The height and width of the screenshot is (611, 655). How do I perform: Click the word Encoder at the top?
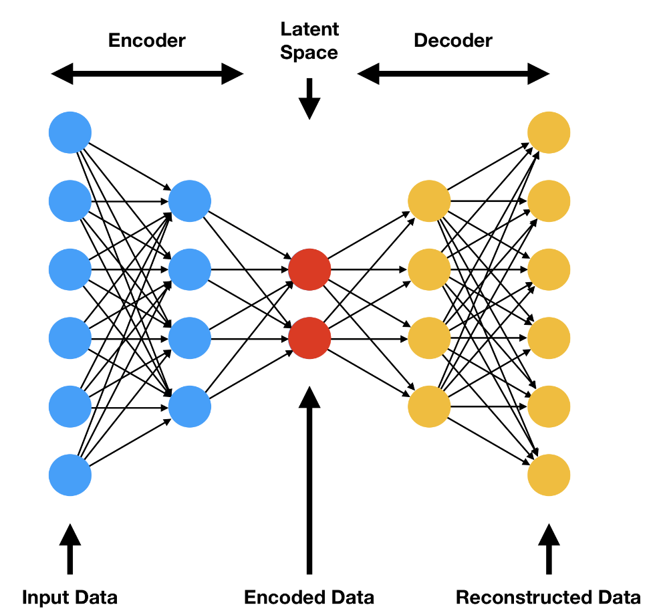146,40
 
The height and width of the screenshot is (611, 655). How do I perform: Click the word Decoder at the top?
453,40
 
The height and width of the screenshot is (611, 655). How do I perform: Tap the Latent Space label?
309,41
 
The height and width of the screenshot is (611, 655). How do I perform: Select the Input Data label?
70,597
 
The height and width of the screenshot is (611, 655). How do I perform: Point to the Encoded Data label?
309,597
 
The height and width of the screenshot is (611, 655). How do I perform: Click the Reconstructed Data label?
548,597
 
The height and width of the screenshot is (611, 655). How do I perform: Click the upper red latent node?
309,269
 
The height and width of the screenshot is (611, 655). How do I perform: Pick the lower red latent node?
309,338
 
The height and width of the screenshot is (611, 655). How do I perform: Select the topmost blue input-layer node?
70,132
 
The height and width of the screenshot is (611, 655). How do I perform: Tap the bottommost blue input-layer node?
70,475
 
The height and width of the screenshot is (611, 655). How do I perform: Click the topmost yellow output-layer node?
549,132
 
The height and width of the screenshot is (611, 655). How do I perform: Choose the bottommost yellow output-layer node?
549,475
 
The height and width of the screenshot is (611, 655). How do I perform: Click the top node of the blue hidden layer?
190,201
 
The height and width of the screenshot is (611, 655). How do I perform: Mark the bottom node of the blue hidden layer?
190,406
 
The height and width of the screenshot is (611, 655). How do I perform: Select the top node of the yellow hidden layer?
428,201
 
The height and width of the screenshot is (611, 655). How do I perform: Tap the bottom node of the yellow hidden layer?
428,406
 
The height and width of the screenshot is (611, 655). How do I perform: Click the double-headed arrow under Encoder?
148,74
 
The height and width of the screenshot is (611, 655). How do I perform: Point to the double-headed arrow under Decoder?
454,74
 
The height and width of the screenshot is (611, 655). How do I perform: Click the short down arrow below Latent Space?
309,99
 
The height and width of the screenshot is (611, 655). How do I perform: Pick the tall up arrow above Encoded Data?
309,481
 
